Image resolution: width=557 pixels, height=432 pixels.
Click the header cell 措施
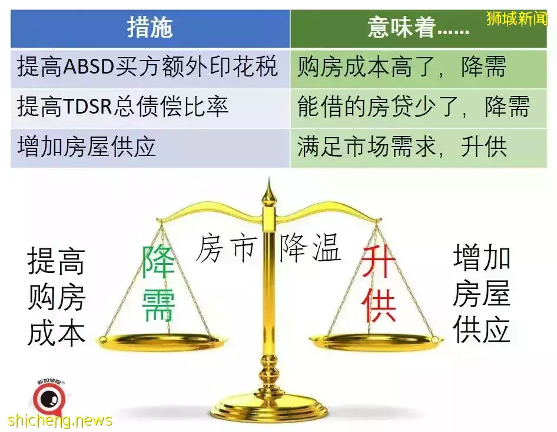150,28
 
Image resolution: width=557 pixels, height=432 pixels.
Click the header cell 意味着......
419,28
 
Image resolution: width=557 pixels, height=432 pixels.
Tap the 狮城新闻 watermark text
517,18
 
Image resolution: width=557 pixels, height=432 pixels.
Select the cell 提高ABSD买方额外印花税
150,68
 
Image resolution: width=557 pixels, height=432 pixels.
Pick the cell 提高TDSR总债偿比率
150,108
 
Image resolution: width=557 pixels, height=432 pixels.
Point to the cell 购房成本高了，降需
419,68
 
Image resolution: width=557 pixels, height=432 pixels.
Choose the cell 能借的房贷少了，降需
419,108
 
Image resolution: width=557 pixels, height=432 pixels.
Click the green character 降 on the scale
158,262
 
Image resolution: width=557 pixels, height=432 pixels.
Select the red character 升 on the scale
379,262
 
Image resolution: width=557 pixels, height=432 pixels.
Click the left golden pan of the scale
163,342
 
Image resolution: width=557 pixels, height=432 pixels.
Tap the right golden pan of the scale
377,341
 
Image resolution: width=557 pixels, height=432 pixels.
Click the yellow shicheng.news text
59,421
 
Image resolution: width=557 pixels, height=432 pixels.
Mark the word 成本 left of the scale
56,334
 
